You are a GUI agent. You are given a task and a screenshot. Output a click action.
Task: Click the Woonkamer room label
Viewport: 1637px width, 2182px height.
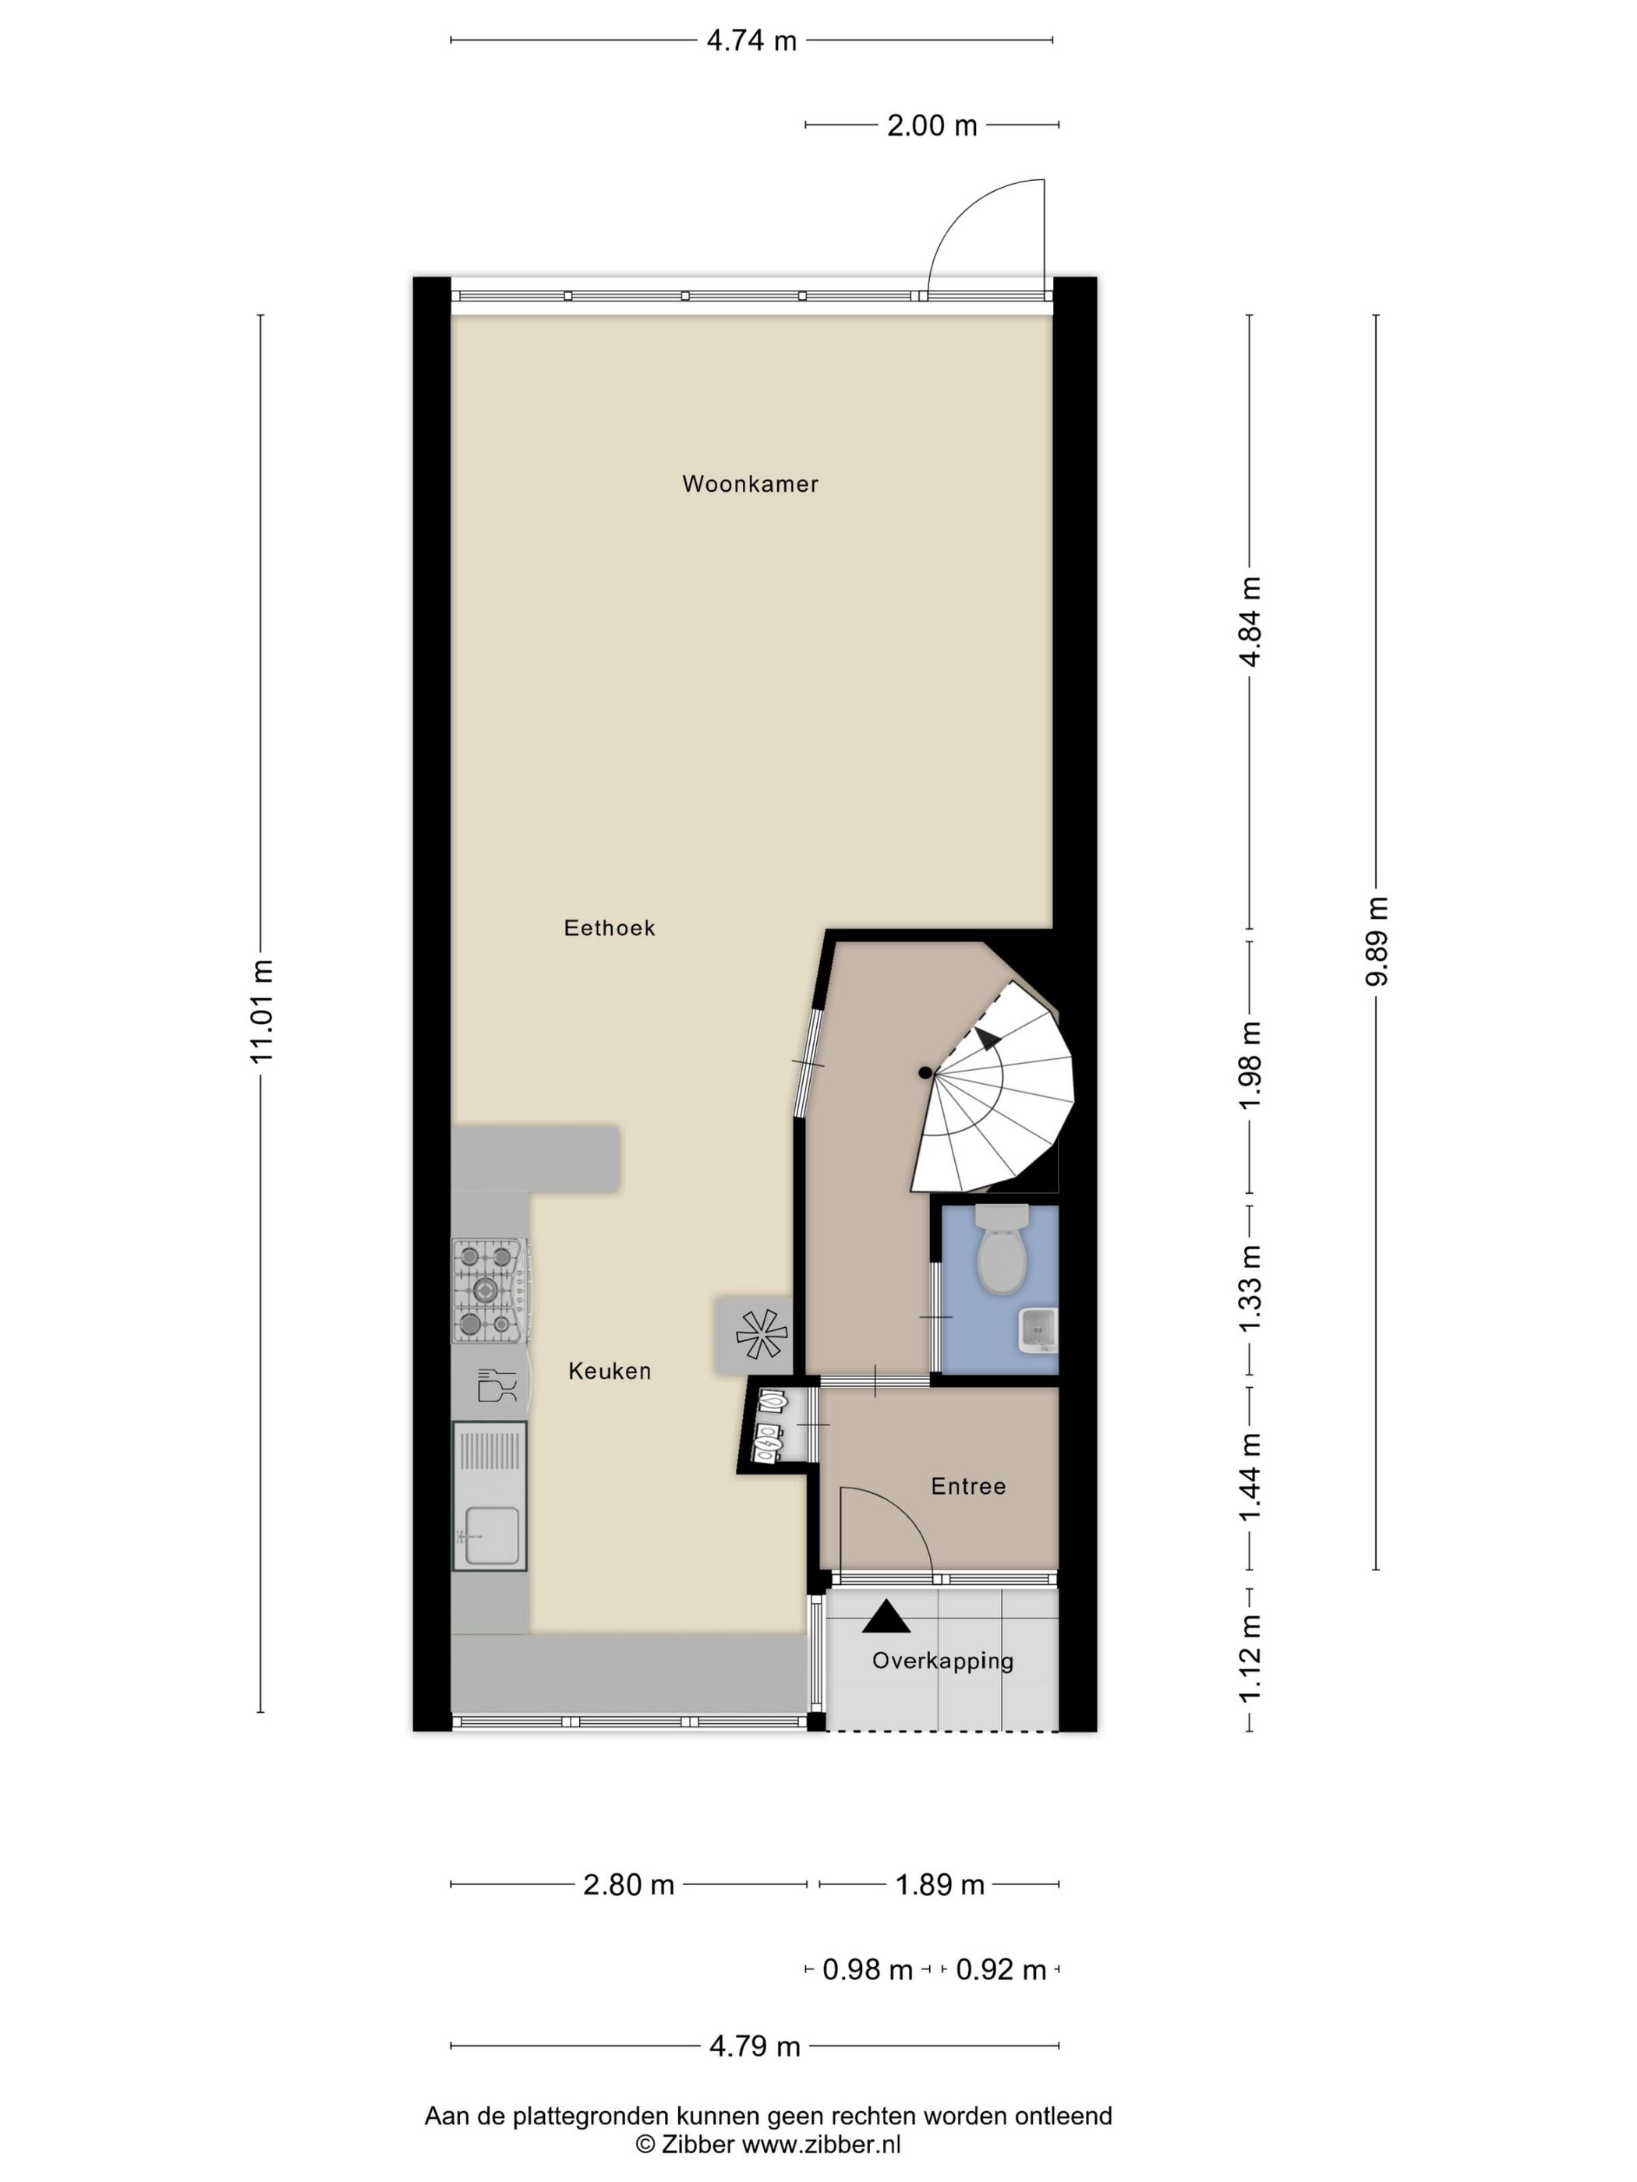[x=750, y=483]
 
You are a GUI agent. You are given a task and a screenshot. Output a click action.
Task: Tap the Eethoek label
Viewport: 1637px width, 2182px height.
[x=609, y=927]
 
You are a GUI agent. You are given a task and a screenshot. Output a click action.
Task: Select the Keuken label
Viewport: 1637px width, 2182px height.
[x=609, y=1370]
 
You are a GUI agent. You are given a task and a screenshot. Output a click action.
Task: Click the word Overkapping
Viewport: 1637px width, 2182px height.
[x=942, y=1660]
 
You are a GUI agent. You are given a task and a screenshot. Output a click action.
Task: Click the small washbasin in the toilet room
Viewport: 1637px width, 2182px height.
[x=1036, y=1329]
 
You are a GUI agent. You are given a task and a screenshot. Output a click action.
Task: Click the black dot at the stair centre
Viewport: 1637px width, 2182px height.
[x=925, y=1072]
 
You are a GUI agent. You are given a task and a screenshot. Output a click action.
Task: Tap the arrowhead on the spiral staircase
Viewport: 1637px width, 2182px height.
[x=986, y=1039]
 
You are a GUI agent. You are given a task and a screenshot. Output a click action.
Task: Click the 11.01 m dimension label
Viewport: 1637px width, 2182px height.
[x=261, y=1010]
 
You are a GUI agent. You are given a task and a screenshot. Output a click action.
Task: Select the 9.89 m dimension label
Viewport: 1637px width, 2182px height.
[x=1377, y=940]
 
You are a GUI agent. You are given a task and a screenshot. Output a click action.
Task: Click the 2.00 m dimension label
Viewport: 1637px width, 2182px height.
[x=932, y=125]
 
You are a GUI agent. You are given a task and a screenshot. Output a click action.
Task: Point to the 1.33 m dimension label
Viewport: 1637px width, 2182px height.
[x=1250, y=1288]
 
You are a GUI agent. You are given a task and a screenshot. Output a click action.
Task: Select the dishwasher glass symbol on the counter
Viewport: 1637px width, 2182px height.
[x=497, y=1385]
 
